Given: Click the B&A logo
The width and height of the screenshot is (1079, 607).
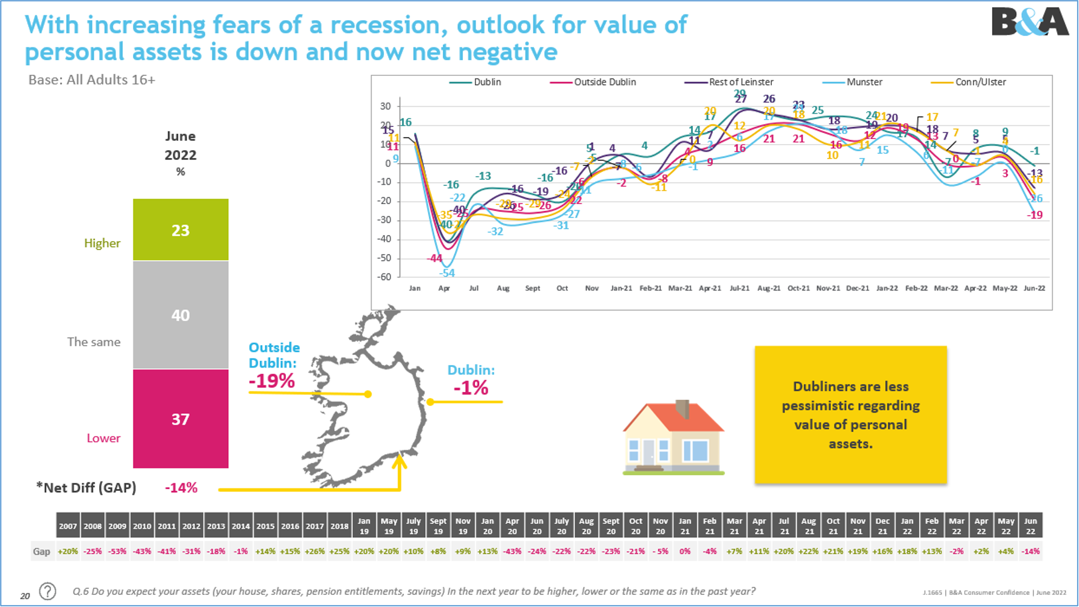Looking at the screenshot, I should (x=1029, y=22).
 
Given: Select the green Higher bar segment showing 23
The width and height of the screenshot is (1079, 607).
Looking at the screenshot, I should (x=181, y=230).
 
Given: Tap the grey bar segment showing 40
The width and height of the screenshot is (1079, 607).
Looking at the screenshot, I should (x=181, y=315).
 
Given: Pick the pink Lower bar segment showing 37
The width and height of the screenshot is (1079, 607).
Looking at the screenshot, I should (x=181, y=419).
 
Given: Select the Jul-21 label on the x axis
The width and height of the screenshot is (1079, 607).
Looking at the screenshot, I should (x=739, y=288).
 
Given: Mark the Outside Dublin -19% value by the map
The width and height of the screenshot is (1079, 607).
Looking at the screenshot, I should (x=271, y=381).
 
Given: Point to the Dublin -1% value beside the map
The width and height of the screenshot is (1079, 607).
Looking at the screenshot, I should (x=471, y=388).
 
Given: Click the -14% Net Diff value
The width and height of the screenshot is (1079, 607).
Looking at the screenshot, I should (x=181, y=488).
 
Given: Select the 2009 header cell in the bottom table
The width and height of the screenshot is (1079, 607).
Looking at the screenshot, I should (x=117, y=526).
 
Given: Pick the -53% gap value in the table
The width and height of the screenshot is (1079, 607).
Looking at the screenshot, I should (x=117, y=552).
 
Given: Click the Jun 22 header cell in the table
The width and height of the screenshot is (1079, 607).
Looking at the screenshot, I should (x=1030, y=526).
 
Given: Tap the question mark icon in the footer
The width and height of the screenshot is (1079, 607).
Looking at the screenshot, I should (x=47, y=591).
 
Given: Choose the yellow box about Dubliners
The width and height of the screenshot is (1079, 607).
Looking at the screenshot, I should (x=850, y=414).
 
